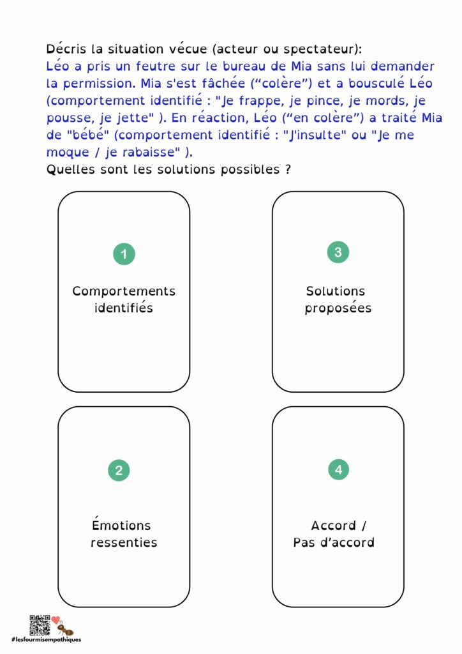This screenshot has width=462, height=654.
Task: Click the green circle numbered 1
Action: (124, 254)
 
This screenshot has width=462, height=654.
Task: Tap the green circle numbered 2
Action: (119, 471)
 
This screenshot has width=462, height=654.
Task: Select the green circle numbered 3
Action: (338, 252)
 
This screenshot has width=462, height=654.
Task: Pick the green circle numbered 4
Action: (338, 470)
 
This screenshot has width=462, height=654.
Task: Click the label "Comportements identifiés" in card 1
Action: (124, 299)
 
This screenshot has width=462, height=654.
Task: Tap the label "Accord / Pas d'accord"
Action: (334, 534)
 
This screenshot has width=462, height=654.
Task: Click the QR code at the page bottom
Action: (40, 624)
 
